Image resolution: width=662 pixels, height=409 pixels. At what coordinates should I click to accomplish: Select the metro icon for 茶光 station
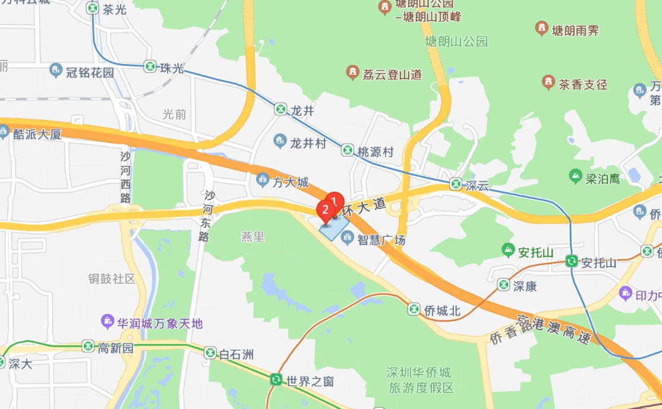click(93, 8)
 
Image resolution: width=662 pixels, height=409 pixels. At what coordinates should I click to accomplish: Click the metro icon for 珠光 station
click(150, 66)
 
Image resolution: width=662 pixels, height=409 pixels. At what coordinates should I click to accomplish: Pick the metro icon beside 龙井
click(280, 109)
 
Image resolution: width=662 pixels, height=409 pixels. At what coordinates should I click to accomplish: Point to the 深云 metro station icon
click(456, 183)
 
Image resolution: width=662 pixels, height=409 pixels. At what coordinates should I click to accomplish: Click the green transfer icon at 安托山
click(572, 261)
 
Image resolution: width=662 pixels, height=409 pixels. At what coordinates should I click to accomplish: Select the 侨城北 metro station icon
click(414, 309)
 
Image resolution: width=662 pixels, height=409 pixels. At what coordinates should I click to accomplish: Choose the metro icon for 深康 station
click(504, 285)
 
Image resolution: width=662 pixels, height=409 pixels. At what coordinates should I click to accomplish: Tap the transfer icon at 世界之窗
click(276, 379)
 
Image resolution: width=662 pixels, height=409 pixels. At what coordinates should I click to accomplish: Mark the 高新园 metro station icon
click(89, 346)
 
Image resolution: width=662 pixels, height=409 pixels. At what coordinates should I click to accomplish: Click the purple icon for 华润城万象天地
click(107, 322)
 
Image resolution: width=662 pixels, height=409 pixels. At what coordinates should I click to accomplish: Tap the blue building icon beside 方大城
click(262, 179)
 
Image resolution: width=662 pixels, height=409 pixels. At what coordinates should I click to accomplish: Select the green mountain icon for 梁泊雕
click(575, 176)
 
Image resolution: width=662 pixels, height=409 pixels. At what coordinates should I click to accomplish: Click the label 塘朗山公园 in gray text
click(456, 41)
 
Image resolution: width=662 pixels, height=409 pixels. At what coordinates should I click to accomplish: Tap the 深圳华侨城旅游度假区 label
click(419, 380)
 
